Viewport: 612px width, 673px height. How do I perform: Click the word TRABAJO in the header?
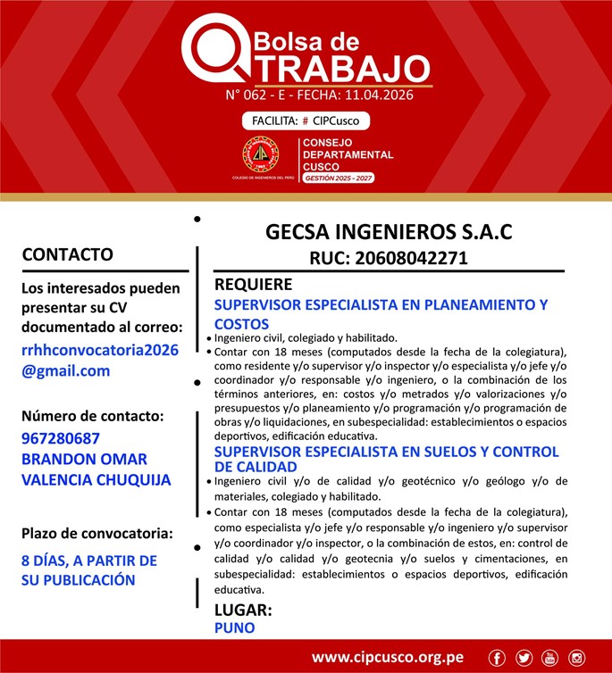pos(337,67)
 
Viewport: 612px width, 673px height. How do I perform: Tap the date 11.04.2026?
pos(379,95)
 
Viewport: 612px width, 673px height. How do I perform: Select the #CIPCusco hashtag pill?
pos(306,120)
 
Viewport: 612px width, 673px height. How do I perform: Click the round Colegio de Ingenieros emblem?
pos(260,156)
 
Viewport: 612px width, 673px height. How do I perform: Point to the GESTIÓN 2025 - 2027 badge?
pos(339,179)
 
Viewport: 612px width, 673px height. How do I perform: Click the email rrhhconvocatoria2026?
pos(100,350)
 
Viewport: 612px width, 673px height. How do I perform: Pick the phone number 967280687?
pos(60,438)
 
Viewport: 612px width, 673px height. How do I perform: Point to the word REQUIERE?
pos(254,285)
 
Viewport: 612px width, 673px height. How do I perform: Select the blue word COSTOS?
pos(241,324)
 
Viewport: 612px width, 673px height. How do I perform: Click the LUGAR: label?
pos(243,611)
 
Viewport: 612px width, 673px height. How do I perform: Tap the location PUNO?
pos(235,627)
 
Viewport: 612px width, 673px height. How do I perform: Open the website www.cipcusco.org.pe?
pos(387,658)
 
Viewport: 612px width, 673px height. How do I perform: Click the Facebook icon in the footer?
pos(498,658)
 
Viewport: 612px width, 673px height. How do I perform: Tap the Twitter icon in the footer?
pos(524,658)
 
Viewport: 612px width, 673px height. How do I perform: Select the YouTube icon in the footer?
pos(549,658)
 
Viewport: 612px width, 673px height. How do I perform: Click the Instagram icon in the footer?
pos(576,658)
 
